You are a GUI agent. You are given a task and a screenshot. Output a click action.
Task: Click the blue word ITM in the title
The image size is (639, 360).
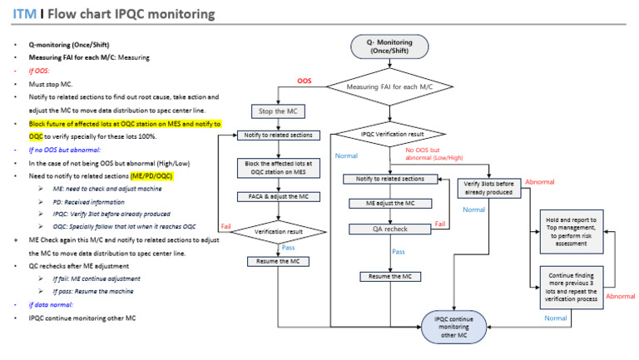point(23,15)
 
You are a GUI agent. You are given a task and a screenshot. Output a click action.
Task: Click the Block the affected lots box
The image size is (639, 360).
point(274,168)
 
